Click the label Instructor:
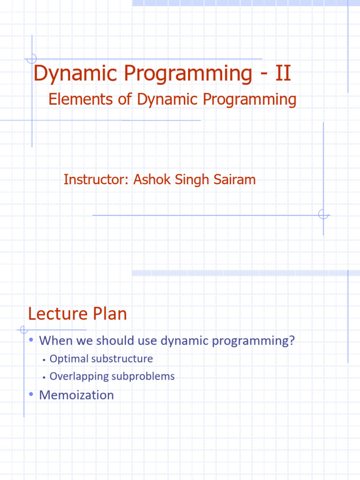(96, 180)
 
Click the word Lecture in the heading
(55, 314)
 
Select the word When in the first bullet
(53, 340)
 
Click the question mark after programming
(292, 340)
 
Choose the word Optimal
(69, 359)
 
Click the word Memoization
(76, 395)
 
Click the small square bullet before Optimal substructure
(43, 360)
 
